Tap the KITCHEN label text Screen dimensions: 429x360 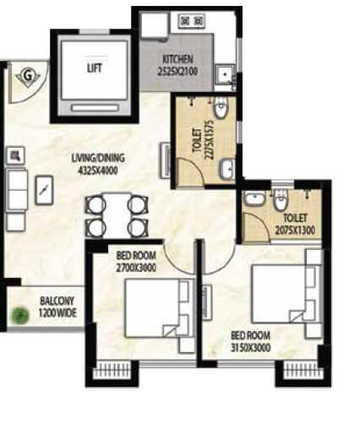coord(178,59)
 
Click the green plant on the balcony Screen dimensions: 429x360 coord(17,317)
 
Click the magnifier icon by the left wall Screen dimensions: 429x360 coord(14,155)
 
